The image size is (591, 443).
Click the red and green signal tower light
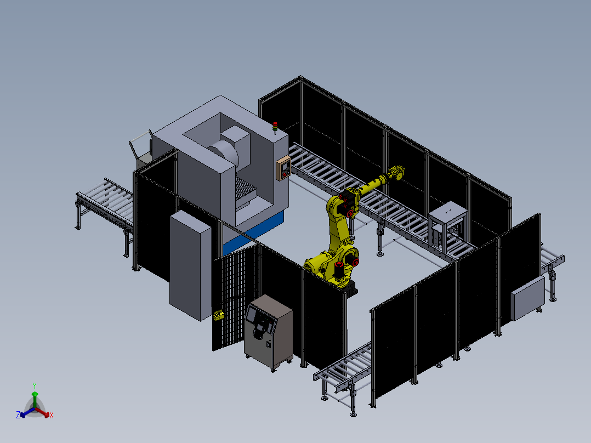click(275, 128)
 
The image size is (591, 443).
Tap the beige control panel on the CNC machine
click(283, 168)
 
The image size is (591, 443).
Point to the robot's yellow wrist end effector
click(396, 173)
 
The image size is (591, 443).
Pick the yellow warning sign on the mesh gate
click(218, 315)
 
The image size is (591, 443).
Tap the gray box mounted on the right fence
click(527, 298)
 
